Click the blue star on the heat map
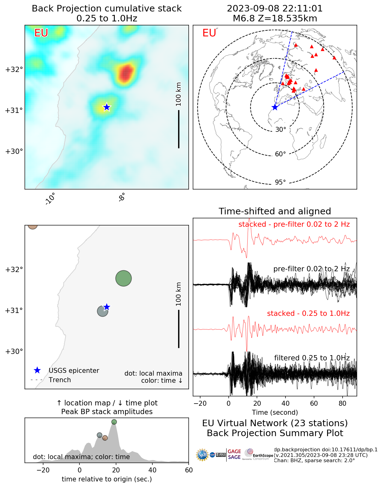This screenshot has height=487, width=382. point(107,107)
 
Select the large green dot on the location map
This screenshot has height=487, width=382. point(124,278)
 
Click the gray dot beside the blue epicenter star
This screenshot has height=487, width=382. point(102,311)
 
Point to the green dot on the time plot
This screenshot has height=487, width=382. point(114,422)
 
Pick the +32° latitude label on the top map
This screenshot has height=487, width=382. point(14,69)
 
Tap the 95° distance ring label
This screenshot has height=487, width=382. point(280,182)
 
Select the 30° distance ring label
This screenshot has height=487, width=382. point(281,130)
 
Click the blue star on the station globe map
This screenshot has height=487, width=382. point(275,107)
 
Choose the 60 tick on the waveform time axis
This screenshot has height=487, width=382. point(314,404)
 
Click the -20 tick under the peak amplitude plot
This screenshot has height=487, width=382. point(43,470)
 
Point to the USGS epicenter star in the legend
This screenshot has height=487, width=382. point(37,370)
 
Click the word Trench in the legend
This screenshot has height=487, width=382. point(60,380)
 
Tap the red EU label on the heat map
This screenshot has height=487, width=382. point(41,33)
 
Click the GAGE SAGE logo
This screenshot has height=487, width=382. point(234,454)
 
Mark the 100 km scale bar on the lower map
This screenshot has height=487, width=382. point(179,328)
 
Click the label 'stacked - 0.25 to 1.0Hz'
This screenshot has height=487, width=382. point(308,313)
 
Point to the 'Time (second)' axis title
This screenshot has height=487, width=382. point(275,413)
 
